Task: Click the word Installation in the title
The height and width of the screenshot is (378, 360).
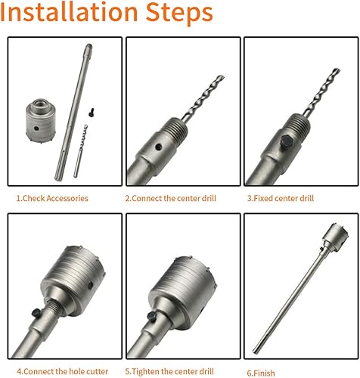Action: pos(69,12)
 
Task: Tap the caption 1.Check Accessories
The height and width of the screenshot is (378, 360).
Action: pos(52,198)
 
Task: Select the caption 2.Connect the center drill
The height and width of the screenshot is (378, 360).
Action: pos(171,198)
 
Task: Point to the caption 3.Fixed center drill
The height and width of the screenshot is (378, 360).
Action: pos(281,198)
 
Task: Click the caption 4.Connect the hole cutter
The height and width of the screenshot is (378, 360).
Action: pos(63,371)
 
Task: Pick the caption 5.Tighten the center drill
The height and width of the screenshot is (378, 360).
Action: pos(169,371)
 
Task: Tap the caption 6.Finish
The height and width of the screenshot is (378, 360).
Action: pos(261,373)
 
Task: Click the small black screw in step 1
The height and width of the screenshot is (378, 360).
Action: pos(92,113)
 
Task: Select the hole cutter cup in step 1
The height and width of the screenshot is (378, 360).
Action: pos(41,121)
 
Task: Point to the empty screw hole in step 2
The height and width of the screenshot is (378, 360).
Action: pos(159,147)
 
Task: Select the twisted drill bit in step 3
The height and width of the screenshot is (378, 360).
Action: pos(321,92)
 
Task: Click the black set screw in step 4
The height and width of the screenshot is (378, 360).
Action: pos(36,312)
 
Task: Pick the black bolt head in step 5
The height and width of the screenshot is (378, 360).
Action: pos(152,317)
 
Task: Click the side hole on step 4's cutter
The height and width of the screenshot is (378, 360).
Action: pos(90,285)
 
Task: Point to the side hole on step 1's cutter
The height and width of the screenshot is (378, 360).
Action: pos(36,129)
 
